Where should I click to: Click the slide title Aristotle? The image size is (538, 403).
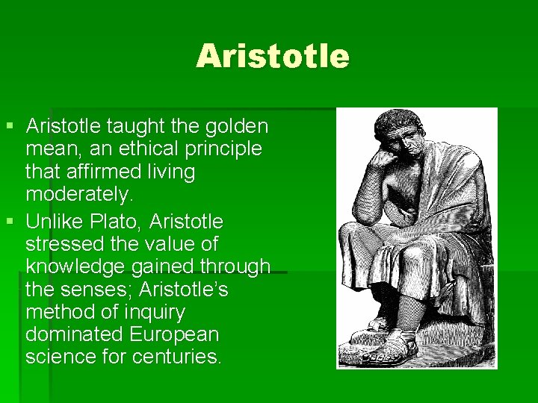click(x=272, y=56)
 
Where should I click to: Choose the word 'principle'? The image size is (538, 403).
click(x=225, y=149)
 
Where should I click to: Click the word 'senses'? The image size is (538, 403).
click(x=94, y=288)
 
